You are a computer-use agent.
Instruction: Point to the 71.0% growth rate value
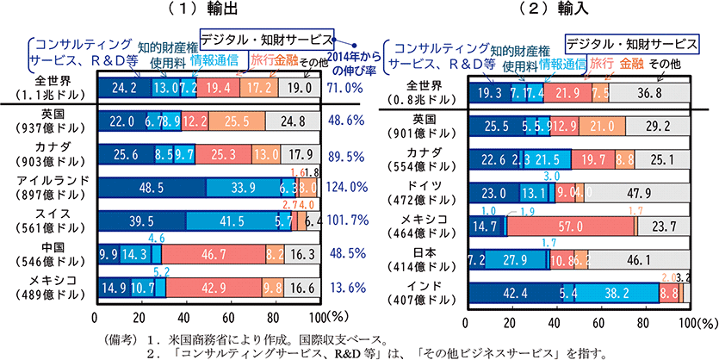tap(346, 87)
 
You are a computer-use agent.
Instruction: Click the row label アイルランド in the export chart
tap(48, 181)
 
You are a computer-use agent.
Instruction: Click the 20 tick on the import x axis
tap(511, 323)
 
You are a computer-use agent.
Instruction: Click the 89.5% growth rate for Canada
tap(346, 154)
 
